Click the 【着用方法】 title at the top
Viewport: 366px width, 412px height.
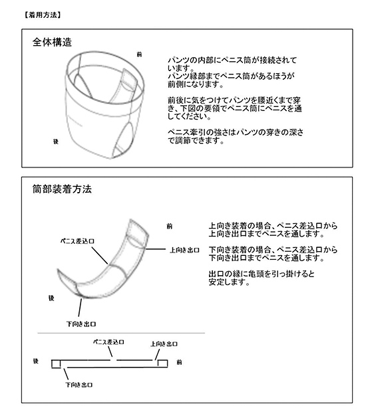point(43,15)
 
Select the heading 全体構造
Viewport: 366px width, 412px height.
point(52,42)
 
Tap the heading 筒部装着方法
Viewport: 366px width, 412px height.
point(62,189)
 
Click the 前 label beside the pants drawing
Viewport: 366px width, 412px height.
point(139,54)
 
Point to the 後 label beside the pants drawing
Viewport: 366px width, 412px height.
point(56,142)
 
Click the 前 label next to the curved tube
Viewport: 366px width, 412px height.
point(170,226)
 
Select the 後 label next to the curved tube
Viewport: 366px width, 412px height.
point(51,298)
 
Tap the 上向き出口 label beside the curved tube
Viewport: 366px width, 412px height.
point(184,250)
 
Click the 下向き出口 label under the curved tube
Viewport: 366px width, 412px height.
point(81,324)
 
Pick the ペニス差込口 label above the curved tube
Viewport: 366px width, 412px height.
point(77,241)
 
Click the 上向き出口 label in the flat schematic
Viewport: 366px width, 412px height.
point(164,344)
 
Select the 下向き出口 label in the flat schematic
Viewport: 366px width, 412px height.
point(79,385)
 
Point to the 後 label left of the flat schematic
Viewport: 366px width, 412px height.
point(36,361)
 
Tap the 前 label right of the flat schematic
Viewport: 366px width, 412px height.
point(179,362)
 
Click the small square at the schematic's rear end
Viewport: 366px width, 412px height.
point(56,364)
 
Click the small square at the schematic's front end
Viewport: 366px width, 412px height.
point(162,363)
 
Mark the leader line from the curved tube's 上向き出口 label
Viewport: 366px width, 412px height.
point(156,249)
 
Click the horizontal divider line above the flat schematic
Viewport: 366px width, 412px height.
point(121,333)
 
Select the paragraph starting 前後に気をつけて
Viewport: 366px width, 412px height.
point(235,108)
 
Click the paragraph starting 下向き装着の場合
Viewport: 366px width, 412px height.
point(273,254)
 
